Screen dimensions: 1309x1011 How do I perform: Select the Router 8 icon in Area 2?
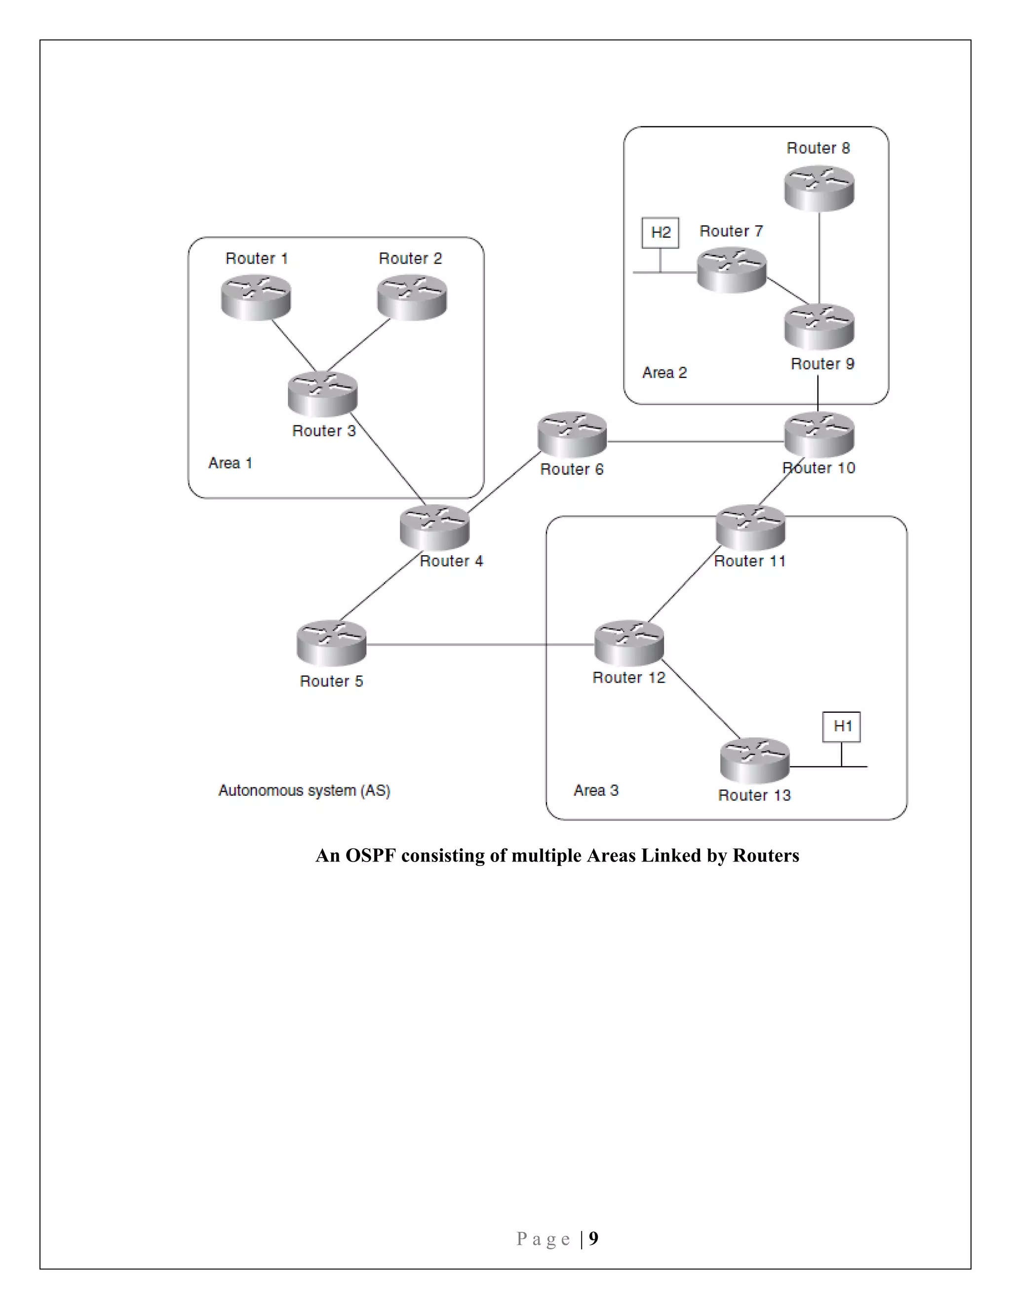click(x=819, y=188)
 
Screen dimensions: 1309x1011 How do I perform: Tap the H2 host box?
click(x=660, y=233)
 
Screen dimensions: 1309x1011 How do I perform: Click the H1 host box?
click(x=842, y=727)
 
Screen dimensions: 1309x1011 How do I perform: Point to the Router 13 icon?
click(x=755, y=760)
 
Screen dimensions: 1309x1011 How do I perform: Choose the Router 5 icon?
click(x=331, y=643)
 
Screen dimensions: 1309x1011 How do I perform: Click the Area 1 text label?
click(x=230, y=463)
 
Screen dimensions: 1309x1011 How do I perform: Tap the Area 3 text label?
click(x=595, y=790)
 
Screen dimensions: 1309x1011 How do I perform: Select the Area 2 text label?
click(x=664, y=372)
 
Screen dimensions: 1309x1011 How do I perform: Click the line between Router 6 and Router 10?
click(x=695, y=442)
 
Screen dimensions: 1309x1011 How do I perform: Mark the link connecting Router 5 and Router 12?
click(x=479, y=644)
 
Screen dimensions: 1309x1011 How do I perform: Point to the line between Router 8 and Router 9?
click(x=819, y=258)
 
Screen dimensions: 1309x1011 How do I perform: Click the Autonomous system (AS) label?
click(x=304, y=790)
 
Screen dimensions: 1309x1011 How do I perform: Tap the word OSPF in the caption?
click(x=371, y=855)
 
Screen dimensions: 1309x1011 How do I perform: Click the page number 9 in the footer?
click(x=593, y=1238)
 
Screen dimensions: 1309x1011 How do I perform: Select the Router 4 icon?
click(x=435, y=527)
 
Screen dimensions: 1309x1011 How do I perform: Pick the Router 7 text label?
click(x=731, y=231)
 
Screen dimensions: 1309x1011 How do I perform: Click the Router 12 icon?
click(x=629, y=643)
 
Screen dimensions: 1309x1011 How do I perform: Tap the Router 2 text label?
click(x=410, y=258)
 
